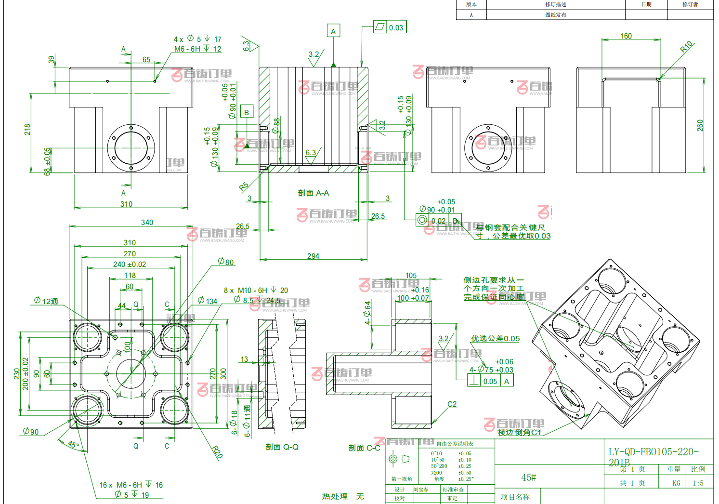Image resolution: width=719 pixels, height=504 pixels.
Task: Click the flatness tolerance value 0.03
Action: point(396,27)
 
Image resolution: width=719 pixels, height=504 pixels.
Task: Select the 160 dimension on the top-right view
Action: point(626,36)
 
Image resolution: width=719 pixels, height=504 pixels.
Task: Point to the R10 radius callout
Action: point(686,46)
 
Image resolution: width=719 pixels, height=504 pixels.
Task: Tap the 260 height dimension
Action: point(700,125)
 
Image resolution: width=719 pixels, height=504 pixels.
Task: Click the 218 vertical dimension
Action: point(27,129)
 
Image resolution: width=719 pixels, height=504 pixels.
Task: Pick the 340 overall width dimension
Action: point(147,222)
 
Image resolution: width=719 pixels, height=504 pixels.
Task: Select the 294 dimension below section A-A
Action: point(313,256)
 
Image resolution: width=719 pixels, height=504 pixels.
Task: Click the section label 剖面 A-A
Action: point(314,193)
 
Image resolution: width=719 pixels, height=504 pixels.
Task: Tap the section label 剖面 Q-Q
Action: point(282,447)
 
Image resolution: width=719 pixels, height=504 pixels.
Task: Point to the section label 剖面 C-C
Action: point(365,448)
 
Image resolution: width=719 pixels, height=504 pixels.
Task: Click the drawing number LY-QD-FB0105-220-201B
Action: point(654,456)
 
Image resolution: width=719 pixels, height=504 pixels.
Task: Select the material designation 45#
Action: point(529,477)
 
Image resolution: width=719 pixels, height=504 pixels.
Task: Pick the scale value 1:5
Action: point(698,483)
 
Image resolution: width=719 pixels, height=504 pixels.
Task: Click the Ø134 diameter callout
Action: point(208,301)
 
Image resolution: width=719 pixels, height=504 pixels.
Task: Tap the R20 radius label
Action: point(218,452)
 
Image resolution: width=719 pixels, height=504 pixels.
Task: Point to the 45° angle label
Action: point(73,445)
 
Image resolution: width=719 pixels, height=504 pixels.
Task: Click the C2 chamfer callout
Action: point(452,404)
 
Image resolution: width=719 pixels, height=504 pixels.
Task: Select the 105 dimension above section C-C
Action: point(411,276)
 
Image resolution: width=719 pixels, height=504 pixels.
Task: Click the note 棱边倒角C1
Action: point(520,432)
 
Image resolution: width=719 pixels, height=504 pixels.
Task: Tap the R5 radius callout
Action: point(244,186)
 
